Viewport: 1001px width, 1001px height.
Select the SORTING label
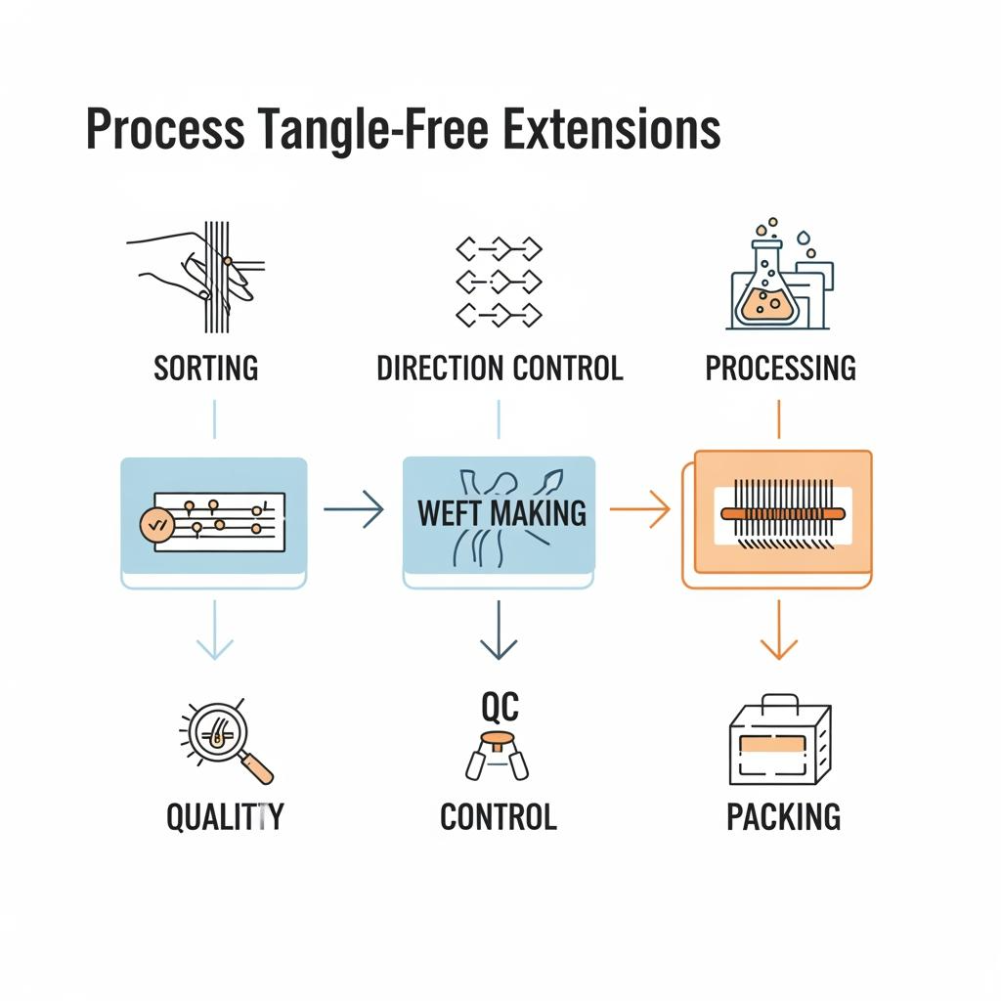[x=206, y=369]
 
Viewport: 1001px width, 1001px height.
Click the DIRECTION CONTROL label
[x=500, y=369]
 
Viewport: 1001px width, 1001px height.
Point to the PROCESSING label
[x=780, y=369]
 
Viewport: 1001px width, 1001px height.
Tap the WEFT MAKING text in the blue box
[x=501, y=512]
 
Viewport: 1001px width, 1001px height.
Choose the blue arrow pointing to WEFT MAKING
[x=354, y=508]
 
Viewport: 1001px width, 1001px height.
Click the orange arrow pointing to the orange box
[x=641, y=508]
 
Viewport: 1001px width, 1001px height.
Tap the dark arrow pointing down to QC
[x=500, y=631]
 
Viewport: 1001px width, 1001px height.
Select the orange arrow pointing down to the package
[x=779, y=631]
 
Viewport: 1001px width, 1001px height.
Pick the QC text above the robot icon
[x=500, y=706]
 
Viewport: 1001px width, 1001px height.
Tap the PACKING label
[x=783, y=816]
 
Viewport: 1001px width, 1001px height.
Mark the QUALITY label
[x=225, y=816]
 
